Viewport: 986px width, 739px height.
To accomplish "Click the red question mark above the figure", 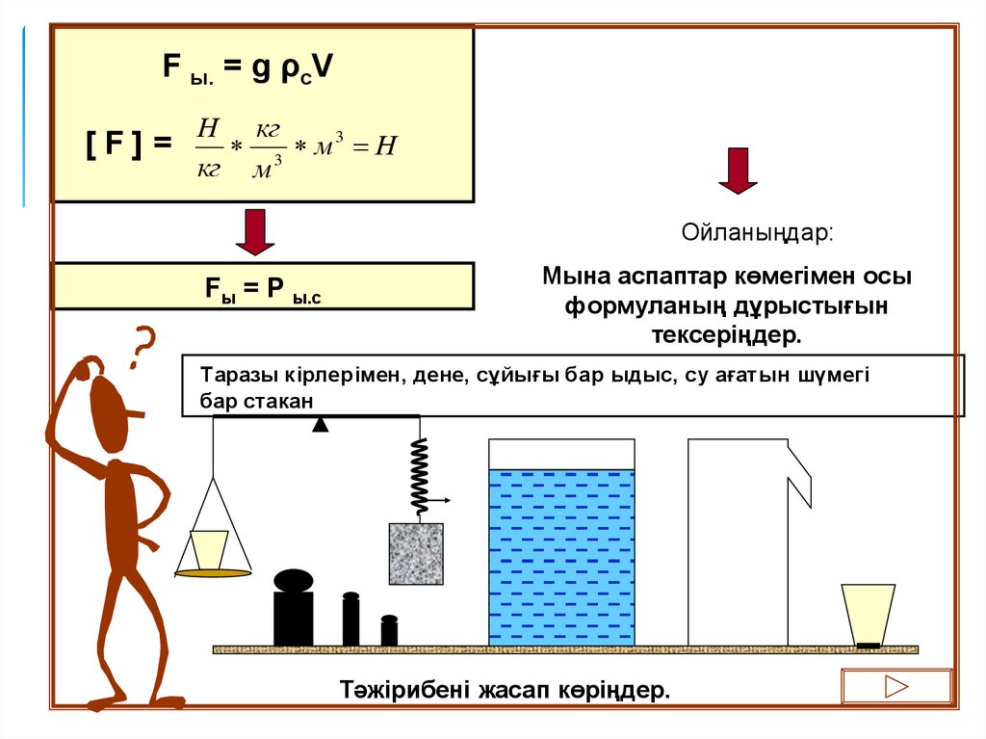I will [143, 348].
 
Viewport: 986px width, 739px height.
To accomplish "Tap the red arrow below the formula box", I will [255, 232].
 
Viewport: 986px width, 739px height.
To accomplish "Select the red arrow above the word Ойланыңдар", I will [738, 171].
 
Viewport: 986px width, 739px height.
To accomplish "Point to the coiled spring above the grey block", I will [419, 475].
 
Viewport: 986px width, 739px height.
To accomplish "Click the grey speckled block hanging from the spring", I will [416, 553].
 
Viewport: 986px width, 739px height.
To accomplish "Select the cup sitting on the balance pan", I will [209, 550].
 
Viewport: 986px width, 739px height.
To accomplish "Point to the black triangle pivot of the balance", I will [321, 425].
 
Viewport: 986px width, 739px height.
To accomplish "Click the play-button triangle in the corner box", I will [896, 687].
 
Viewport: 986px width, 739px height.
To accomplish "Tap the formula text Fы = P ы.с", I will [262, 287].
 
